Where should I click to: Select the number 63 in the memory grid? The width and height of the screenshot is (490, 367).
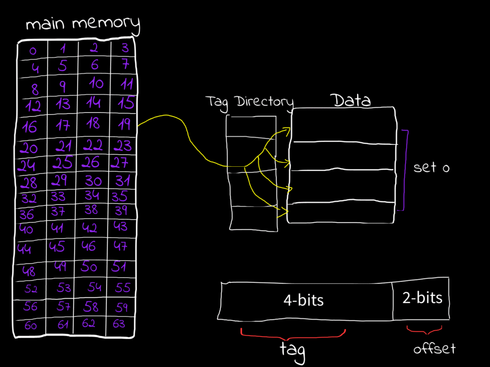point(119,324)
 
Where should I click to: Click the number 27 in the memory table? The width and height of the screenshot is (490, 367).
point(120,162)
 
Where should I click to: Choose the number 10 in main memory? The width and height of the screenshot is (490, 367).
point(96,84)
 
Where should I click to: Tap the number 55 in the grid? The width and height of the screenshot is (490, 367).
point(122,287)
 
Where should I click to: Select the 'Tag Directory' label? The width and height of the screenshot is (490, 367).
point(249,102)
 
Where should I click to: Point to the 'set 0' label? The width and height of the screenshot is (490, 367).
point(432,168)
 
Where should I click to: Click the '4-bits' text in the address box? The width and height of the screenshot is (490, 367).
point(303,301)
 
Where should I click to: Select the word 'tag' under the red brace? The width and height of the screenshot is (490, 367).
point(292,351)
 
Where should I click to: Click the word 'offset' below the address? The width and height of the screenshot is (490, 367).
point(434,349)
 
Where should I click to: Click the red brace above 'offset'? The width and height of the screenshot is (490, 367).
point(424,330)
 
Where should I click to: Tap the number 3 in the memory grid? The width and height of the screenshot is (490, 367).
point(125,48)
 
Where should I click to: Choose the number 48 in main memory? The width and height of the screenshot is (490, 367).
point(29,271)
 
